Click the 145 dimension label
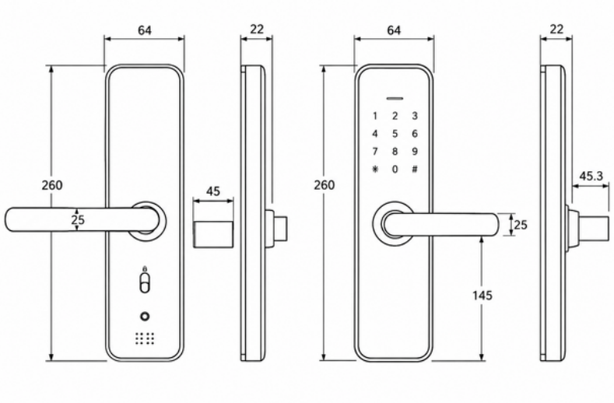click(482, 296)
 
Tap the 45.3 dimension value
click(591, 177)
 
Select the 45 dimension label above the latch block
click(213, 191)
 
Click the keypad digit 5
click(395, 134)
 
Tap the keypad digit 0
click(395, 169)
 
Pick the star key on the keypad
click(376, 169)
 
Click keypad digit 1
click(375, 117)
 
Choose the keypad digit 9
click(415, 151)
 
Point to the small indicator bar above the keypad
click(395, 98)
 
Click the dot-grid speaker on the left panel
click(145, 338)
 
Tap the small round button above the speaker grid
click(145, 316)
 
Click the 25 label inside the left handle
click(78, 219)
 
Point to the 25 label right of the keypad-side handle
click(521, 225)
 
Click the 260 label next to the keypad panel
click(325, 185)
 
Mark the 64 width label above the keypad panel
click(394, 30)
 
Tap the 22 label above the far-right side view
click(556, 30)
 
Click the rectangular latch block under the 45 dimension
click(213, 234)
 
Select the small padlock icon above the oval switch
click(145, 268)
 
